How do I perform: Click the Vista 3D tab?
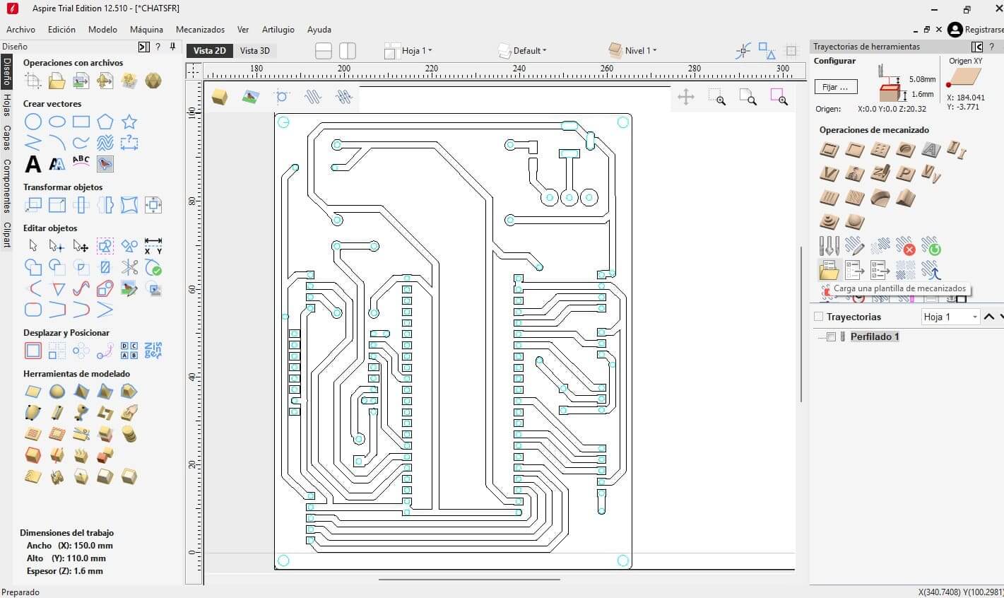click(254, 51)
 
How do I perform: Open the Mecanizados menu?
click(200, 30)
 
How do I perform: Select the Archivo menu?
click(20, 30)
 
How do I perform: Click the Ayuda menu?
click(319, 30)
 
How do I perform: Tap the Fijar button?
click(835, 87)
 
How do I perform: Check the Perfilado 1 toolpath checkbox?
click(831, 336)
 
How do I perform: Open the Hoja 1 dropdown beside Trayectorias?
click(950, 317)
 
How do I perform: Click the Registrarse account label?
click(984, 30)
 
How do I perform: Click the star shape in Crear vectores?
click(129, 122)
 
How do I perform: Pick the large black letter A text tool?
click(33, 164)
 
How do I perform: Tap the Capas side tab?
click(7, 137)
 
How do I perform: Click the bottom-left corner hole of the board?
click(284, 561)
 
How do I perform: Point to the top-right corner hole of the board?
click(623, 122)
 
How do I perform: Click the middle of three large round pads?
click(569, 197)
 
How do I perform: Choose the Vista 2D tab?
click(210, 51)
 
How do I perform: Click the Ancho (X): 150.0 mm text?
click(70, 546)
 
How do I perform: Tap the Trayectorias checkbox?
click(818, 317)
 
